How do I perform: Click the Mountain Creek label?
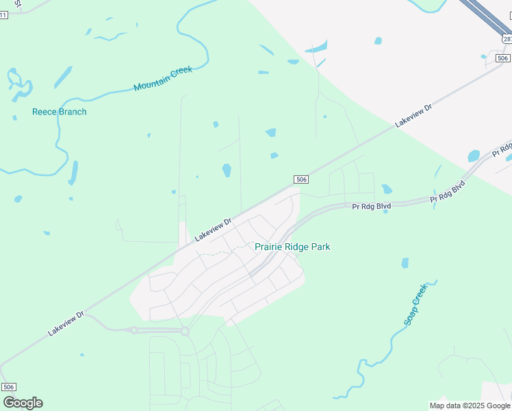click(163, 79)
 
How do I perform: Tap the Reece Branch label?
click(60, 112)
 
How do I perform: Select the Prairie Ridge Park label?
click(292, 247)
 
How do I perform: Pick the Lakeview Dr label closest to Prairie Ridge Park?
click(214, 229)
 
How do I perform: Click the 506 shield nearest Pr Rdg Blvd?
click(301, 179)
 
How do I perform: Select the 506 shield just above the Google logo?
click(8, 387)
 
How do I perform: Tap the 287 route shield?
click(507, 39)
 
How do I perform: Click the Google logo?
click(23, 403)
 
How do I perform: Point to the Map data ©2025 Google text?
click(470, 406)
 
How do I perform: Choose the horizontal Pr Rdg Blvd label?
click(371, 206)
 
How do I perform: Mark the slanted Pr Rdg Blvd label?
click(448, 191)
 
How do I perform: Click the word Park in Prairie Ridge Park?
click(320, 247)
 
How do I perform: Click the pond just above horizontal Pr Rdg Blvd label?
click(387, 189)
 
